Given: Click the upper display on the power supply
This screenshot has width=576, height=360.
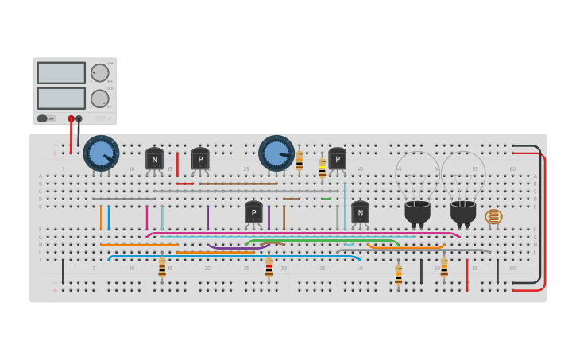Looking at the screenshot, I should point(61,72).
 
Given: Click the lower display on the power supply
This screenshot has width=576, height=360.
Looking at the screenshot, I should point(61,98).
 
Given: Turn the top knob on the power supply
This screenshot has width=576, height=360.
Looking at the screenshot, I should point(99,73).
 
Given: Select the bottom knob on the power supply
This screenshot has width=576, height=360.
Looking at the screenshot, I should point(99,99).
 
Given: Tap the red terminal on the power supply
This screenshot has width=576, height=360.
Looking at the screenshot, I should point(71,119).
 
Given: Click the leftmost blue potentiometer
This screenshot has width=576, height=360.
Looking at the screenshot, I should point(101,153).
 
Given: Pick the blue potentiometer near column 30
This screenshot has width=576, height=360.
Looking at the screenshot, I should point(276,153).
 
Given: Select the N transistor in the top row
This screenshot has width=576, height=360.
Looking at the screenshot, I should point(154,158).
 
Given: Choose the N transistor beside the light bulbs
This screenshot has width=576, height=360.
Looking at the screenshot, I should point(360,211).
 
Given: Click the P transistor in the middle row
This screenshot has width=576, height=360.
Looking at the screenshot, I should point(253,212).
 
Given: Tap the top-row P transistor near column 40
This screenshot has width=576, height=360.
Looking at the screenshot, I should point(338,159).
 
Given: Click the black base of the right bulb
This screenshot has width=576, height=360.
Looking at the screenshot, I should point(463,212).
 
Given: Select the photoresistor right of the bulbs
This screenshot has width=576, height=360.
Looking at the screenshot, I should point(493,216).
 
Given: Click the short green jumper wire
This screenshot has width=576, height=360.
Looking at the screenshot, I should point(326,199).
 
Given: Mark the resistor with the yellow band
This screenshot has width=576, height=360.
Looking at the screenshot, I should point(322,168).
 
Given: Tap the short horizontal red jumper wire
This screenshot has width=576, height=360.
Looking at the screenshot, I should point(185,184).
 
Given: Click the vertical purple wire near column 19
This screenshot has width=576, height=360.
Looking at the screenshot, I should point(208,217).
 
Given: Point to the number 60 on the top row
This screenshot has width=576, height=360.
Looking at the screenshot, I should point(512,168).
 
